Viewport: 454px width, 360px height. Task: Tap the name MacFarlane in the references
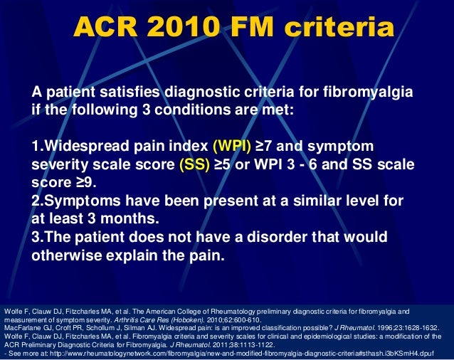pos(22,328)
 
